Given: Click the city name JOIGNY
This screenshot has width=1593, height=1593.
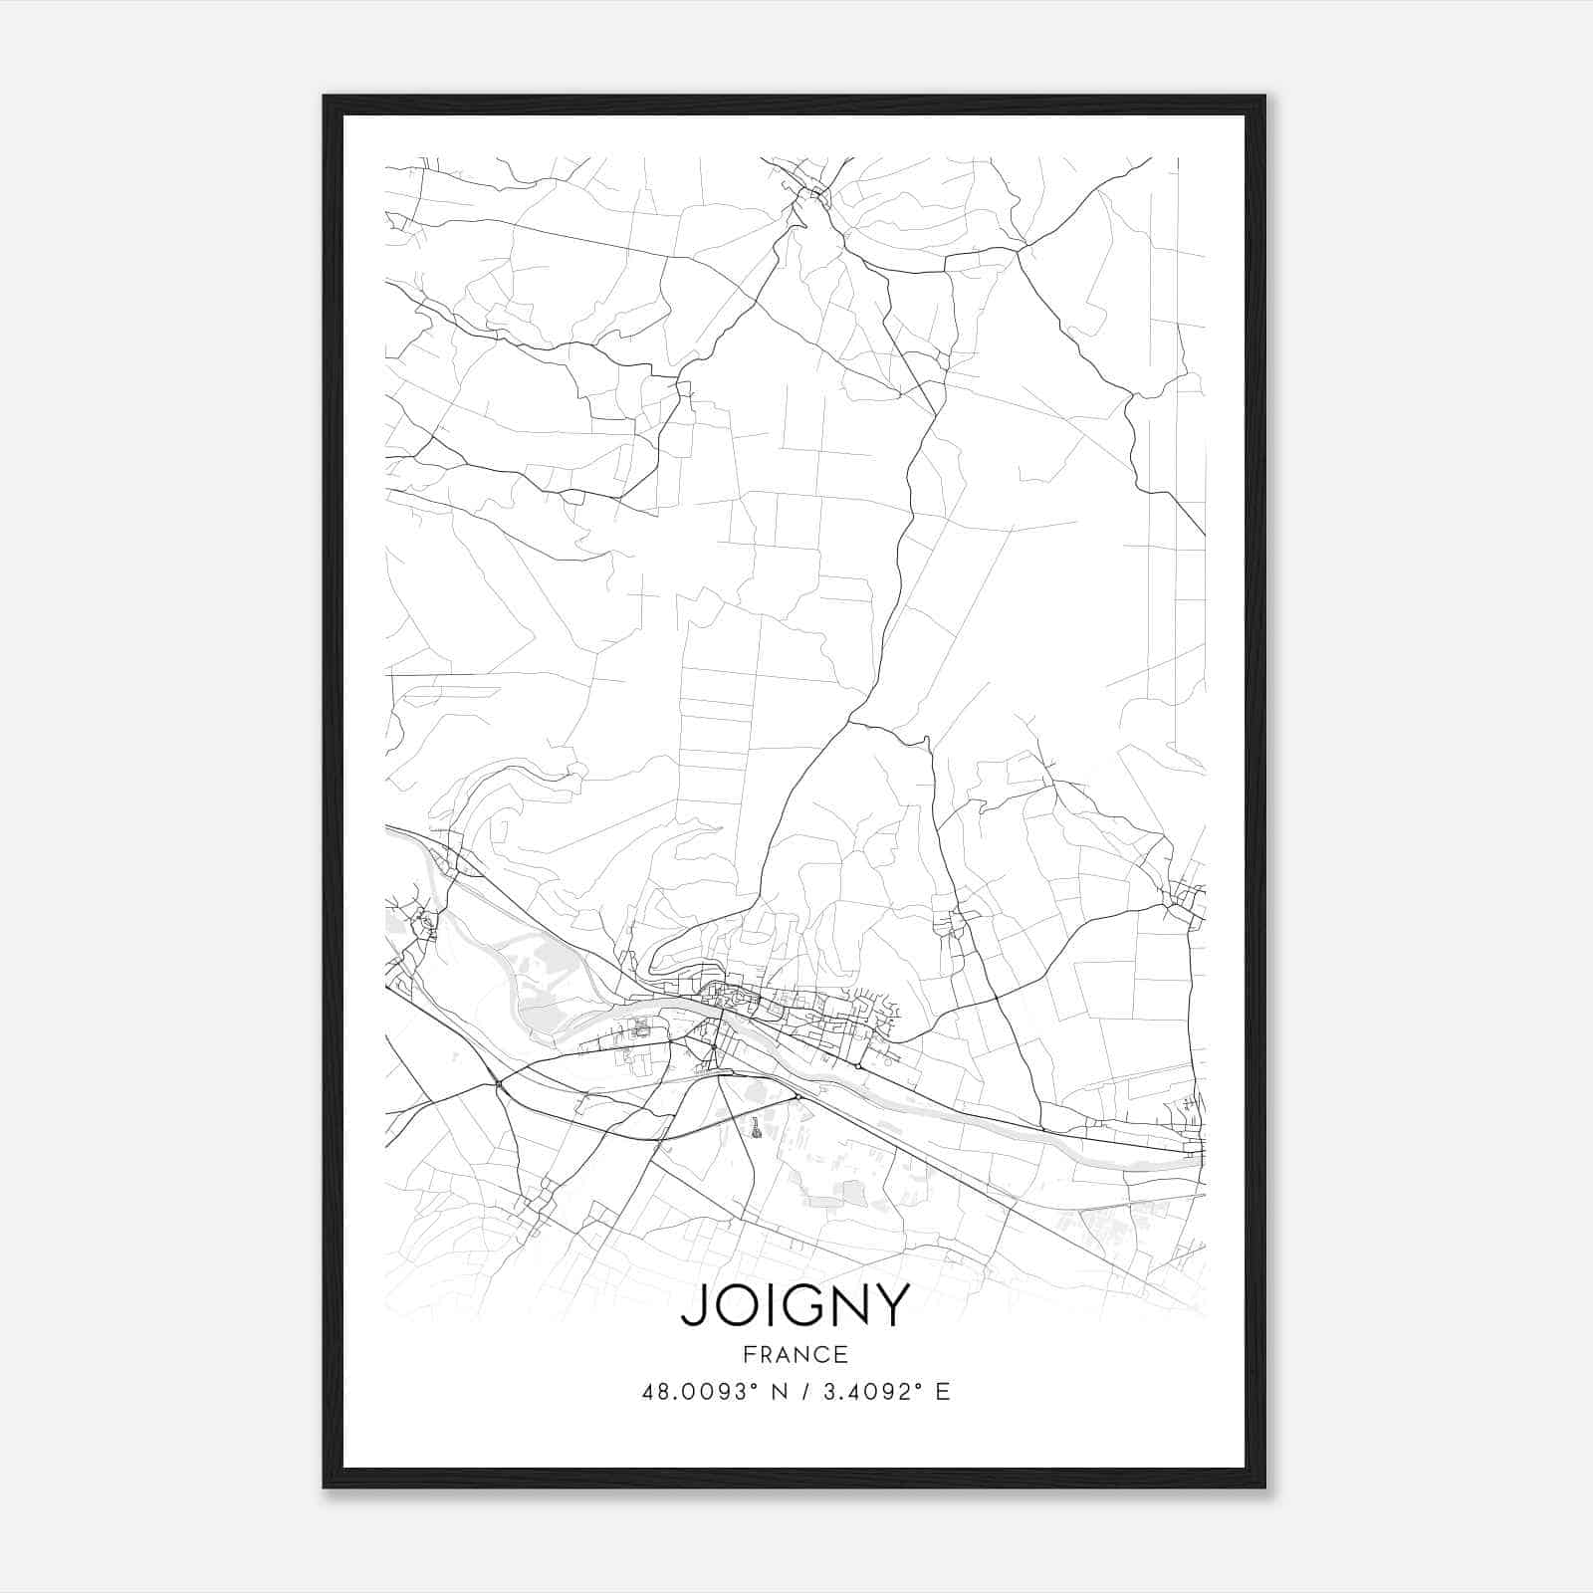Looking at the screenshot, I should pyautogui.click(x=796, y=1305).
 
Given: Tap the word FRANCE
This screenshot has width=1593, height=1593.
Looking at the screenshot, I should pyautogui.click(x=796, y=1354).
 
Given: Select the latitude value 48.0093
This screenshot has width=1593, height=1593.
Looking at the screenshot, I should pyautogui.click(x=694, y=1392).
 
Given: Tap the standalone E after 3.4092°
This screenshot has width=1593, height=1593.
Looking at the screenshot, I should pyautogui.click(x=943, y=1392).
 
